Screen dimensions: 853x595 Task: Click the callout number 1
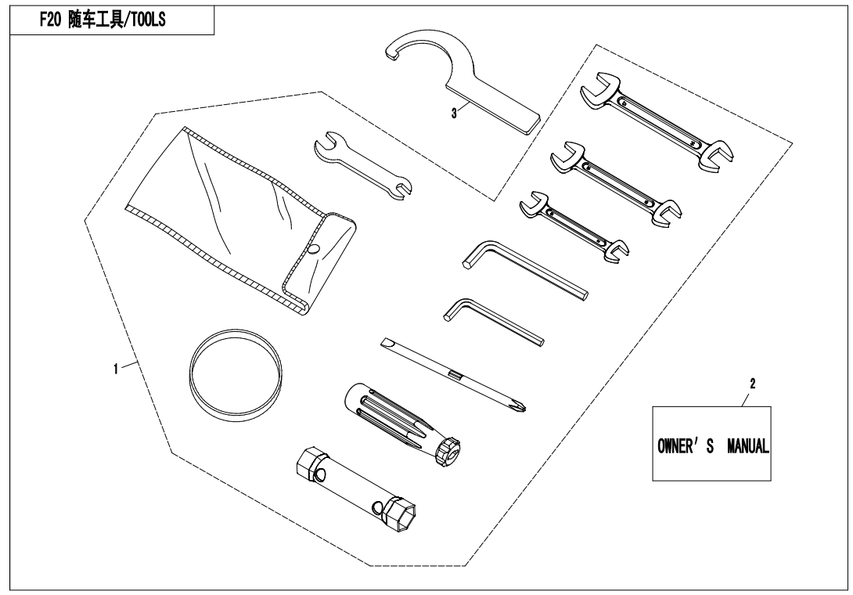pyautogui.click(x=115, y=369)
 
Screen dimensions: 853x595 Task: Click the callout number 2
pyautogui.click(x=752, y=384)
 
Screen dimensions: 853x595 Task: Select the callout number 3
pyautogui.click(x=454, y=114)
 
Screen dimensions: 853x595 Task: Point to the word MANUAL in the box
pyautogui.click(x=748, y=446)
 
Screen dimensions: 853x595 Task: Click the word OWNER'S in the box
pyautogui.click(x=686, y=446)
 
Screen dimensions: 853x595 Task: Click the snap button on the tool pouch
pyautogui.click(x=314, y=249)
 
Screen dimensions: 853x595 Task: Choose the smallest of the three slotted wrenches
pyautogui.click(x=574, y=227)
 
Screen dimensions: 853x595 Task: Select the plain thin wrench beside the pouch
pyautogui.click(x=363, y=166)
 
